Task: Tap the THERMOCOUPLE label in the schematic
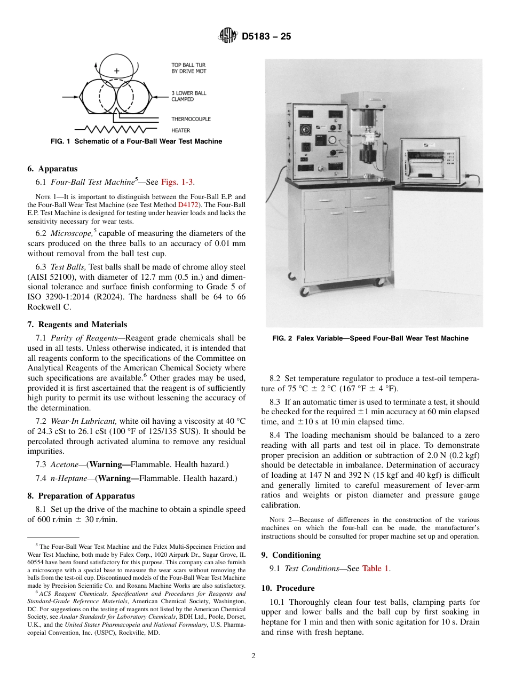191,119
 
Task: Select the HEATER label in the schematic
180,130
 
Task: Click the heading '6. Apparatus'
52,169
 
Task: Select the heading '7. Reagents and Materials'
77,325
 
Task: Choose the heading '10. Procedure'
288,588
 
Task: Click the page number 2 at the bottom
253,656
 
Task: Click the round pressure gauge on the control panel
332,140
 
